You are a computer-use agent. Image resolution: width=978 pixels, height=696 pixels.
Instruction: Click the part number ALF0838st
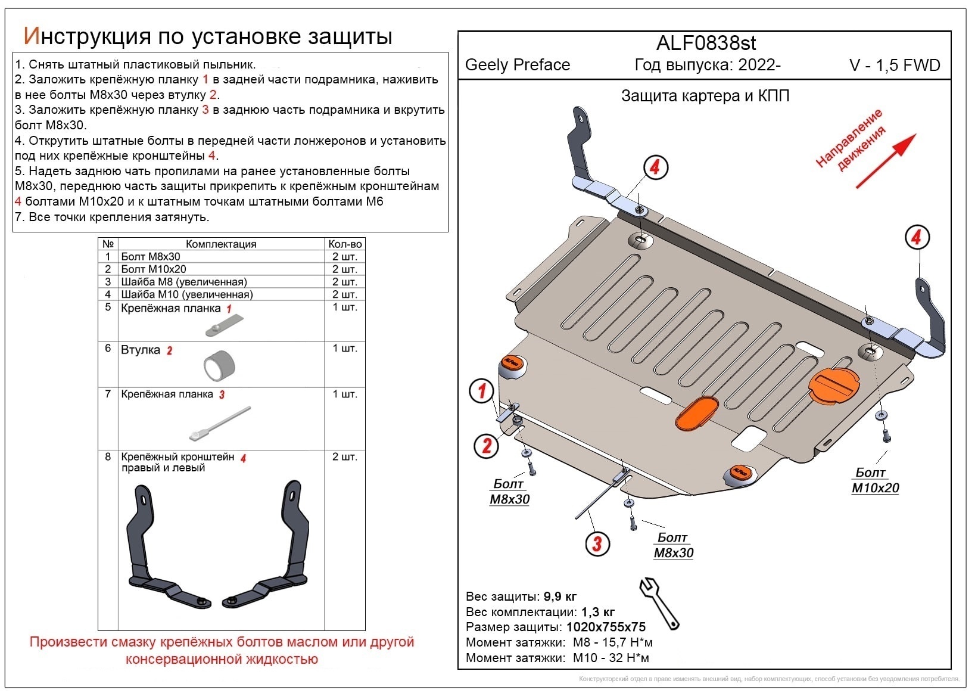706,44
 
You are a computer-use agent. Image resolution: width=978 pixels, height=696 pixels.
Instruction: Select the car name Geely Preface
517,65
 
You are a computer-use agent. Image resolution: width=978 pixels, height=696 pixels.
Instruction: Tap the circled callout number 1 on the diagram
481,392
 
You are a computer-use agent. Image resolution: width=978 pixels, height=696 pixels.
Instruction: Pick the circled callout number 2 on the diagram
487,445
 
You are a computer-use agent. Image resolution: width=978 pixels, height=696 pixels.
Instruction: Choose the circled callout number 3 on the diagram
597,543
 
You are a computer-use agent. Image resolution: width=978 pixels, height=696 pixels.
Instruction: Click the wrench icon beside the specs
659,602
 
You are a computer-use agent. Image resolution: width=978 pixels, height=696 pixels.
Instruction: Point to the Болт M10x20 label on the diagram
874,480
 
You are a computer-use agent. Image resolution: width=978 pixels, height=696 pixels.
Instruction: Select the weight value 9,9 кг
560,596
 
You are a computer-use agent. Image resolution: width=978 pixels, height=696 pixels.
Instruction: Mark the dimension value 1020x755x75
606,627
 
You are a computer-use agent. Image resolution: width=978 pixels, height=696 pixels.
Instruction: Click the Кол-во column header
345,244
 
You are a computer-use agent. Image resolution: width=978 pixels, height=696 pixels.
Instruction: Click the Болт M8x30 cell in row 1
151,257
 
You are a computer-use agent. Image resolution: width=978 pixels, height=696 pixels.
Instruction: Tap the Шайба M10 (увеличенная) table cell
187,294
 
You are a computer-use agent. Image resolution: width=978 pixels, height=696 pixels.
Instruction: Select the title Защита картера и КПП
705,96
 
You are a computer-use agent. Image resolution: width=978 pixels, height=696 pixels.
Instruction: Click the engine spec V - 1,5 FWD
894,66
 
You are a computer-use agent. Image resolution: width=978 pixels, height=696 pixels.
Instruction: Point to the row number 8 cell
108,457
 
